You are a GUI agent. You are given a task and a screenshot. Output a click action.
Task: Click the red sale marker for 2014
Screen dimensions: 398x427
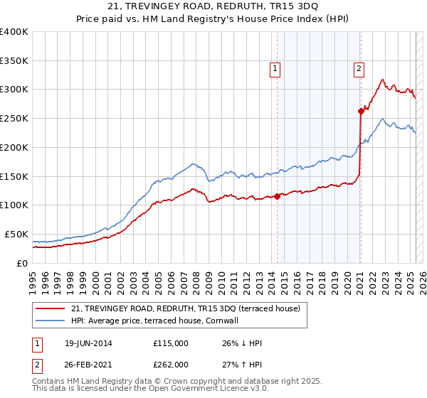pyautogui.click(x=277, y=197)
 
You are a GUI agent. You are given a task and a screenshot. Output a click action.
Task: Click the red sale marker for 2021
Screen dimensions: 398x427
pyautogui.click(x=361, y=111)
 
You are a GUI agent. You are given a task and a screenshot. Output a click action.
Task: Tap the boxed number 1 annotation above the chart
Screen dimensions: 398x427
pyautogui.click(x=275, y=69)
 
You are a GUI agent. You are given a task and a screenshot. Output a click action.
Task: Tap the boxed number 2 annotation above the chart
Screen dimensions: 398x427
pyautogui.click(x=359, y=69)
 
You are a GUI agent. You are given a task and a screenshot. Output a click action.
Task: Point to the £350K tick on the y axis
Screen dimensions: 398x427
pyautogui.click(x=14, y=61)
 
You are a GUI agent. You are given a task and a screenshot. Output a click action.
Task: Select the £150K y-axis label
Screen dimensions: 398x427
pyautogui.click(x=14, y=176)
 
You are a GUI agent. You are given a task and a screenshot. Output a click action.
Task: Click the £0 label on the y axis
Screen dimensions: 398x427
pyautogui.click(x=23, y=263)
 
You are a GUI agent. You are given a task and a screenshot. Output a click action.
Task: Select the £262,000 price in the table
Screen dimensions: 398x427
pyautogui.click(x=170, y=364)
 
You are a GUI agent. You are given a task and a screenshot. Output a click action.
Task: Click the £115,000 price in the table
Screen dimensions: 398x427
pyautogui.click(x=170, y=343)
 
